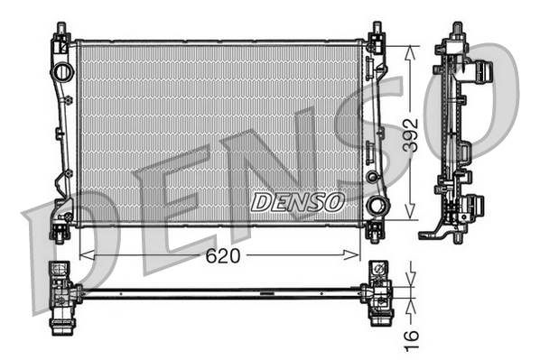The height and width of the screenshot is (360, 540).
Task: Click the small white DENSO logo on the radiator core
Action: pos(296,201)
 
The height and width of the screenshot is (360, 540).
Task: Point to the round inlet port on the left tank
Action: pos(62,72)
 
